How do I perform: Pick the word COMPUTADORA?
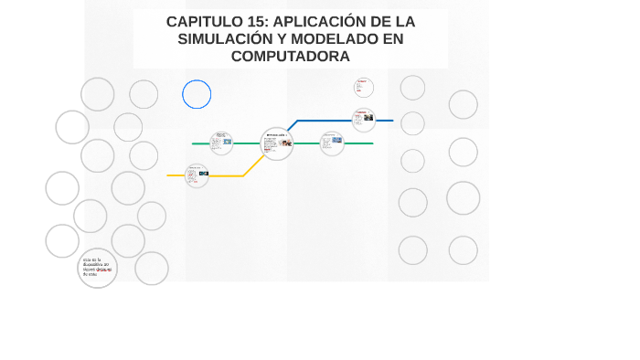[x=290, y=57]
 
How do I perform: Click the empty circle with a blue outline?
[x=197, y=94]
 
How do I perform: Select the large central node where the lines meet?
[x=276, y=143]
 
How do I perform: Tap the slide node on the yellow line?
[x=197, y=175]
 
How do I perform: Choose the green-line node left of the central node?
[x=221, y=143]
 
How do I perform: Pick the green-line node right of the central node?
[x=332, y=143]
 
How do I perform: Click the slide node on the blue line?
[x=364, y=120]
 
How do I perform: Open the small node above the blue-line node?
[x=364, y=89]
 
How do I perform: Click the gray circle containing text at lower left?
[x=97, y=268]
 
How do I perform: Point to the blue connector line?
[x=320, y=120]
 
